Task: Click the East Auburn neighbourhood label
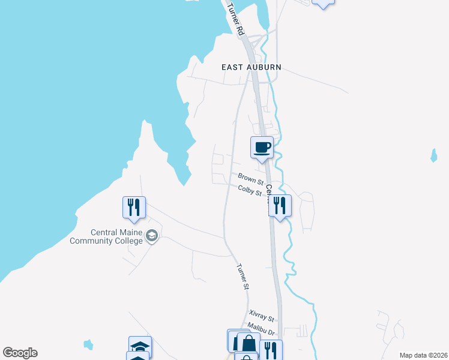pyautogui.click(x=251, y=67)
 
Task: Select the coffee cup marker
pyautogui.click(x=262, y=148)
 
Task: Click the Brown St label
pyautogui.click(x=250, y=179)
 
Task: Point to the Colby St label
pyautogui.click(x=250, y=191)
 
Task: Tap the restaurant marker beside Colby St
pyautogui.click(x=280, y=206)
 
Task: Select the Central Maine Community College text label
pyautogui.click(x=116, y=236)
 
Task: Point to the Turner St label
pyautogui.click(x=243, y=277)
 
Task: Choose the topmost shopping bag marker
pyautogui.click(x=249, y=343)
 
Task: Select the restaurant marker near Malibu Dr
pyautogui.click(x=271, y=350)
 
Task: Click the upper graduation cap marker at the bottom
pyautogui.click(x=140, y=346)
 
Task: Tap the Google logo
pyautogui.click(x=20, y=353)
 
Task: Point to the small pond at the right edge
pyautogui.click(x=433, y=156)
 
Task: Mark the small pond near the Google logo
pyautogui.click(x=89, y=344)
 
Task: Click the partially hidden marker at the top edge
pyautogui.click(x=324, y=3)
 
